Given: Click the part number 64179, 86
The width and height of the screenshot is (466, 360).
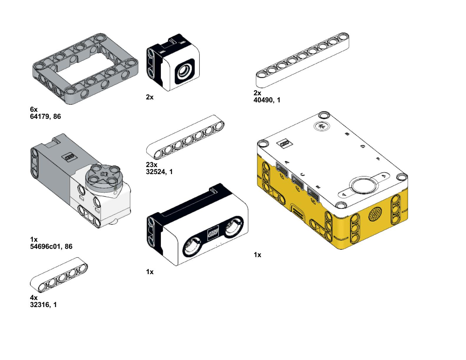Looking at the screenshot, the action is coord(46,116).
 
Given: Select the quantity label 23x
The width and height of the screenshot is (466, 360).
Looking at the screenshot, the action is coord(151,165).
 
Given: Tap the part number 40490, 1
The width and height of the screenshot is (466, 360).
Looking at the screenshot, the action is coord(267,100).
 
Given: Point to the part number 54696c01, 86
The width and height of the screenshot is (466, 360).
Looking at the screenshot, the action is coord(51,247).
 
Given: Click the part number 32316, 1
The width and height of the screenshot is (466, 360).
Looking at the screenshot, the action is coord(44,305).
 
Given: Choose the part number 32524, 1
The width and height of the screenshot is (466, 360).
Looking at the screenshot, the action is coord(159,172).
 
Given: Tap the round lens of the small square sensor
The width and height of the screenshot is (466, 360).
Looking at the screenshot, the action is coord(185,71).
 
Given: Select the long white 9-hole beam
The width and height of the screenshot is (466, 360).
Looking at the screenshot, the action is coord(302,60).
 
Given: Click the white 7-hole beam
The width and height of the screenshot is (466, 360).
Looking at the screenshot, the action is coord(186,137).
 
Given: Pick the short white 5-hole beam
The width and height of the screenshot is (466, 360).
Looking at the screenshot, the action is coord(59,275).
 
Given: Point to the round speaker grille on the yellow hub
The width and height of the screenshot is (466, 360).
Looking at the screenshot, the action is coord(375,214).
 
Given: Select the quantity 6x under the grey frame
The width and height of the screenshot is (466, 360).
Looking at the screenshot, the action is coord(34,109).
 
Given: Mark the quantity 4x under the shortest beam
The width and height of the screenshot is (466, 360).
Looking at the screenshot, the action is coord(34,298).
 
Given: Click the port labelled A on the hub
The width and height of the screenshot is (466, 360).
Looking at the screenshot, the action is coord(282,168).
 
